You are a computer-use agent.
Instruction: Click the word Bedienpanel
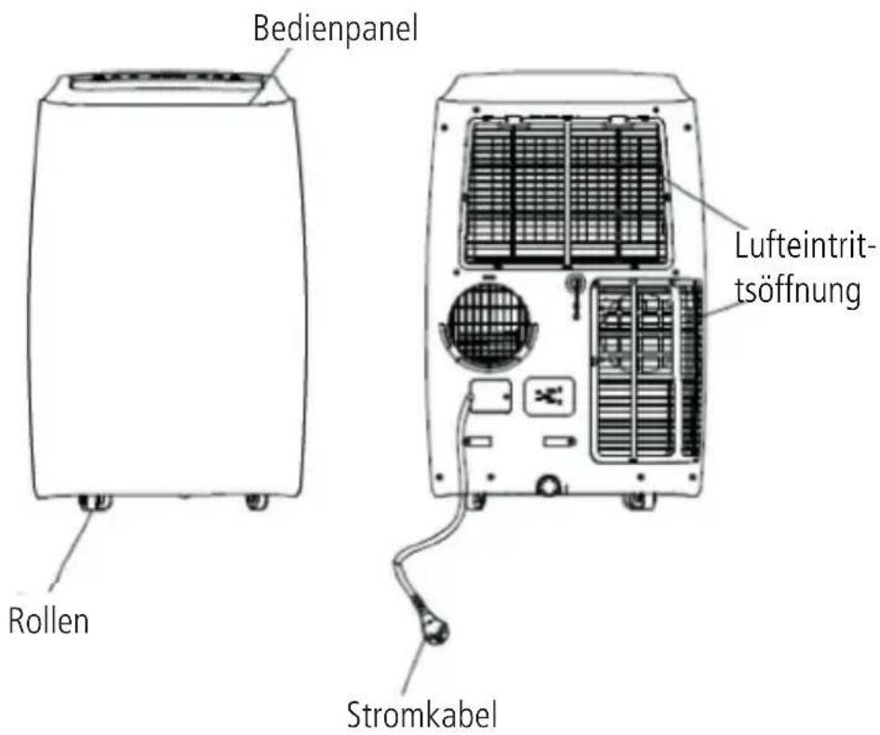point(337,28)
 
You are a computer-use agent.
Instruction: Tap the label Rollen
point(50,620)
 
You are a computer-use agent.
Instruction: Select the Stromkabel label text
point(422,715)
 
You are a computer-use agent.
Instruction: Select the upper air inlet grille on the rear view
point(567,191)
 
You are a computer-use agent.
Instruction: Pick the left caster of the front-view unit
point(97,503)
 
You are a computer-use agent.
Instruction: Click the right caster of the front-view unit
point(256,502)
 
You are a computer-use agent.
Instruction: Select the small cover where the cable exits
point(488,394)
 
